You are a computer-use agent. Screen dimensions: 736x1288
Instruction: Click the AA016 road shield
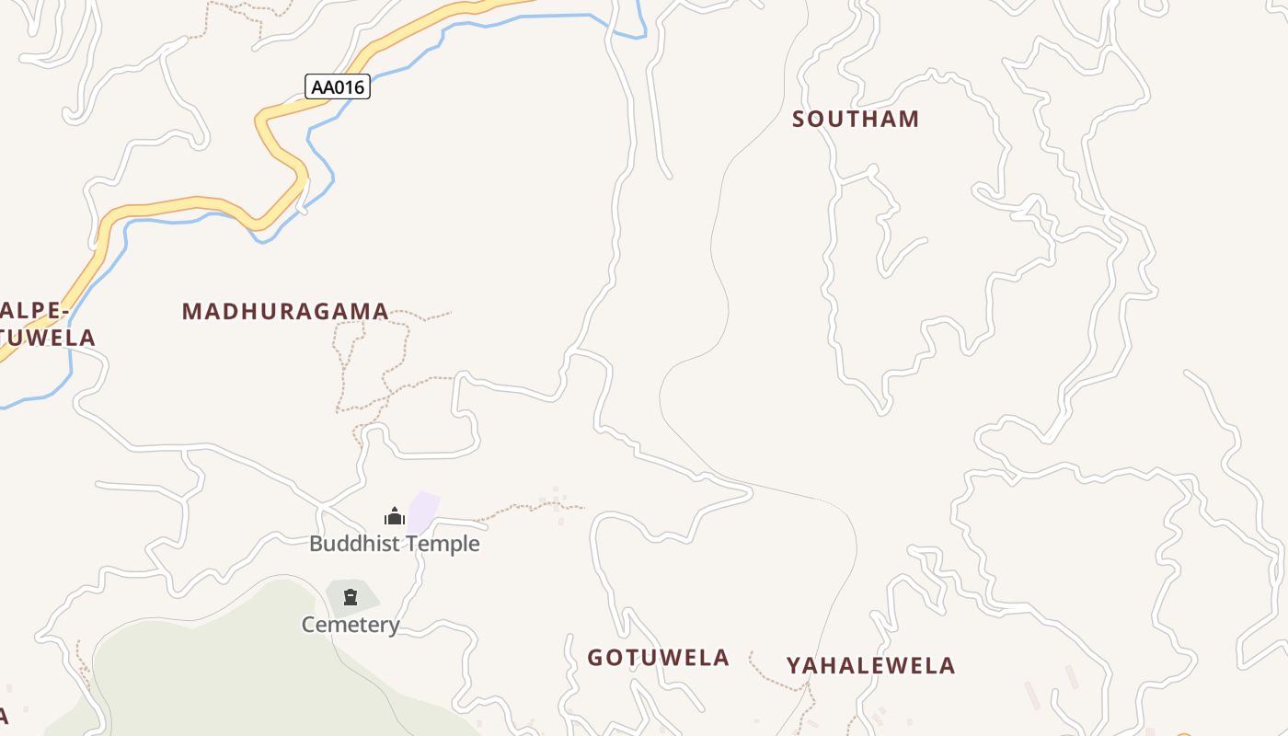pos(338,87)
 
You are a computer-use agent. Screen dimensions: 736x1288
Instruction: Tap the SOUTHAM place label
pos(856,119)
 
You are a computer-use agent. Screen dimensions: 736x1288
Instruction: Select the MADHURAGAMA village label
pos(285,311)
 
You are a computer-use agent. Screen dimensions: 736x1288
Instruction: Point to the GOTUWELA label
pos(658,658)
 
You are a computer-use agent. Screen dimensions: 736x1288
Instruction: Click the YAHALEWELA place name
pos(870,665)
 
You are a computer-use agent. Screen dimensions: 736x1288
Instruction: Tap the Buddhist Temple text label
pos(394,544)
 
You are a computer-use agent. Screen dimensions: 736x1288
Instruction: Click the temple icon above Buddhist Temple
pos(395,516)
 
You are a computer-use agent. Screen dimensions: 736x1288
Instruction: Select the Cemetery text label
pos(351,626)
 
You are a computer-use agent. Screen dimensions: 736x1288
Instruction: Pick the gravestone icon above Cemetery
pos(351,597)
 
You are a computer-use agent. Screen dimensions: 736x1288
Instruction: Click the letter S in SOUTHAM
pos(799,119)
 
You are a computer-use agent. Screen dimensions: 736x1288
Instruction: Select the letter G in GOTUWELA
pos(595,658)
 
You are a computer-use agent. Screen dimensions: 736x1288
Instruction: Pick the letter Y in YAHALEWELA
pos(793,665)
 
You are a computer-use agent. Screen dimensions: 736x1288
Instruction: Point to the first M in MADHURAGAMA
pos(190,311)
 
